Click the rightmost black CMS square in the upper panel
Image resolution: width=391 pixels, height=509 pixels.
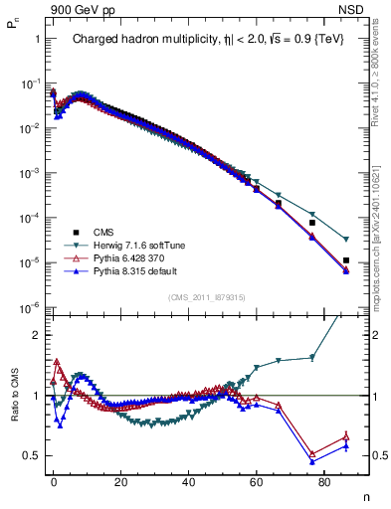[x=345, y=260]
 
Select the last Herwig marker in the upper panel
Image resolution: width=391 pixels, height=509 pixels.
[x=345, y=240]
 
